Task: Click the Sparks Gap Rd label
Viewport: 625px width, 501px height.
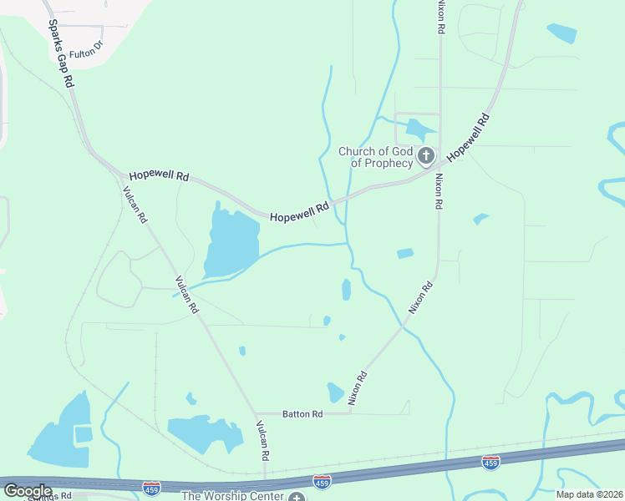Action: coord(60,55)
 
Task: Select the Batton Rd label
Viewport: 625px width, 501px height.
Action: coord(302,414)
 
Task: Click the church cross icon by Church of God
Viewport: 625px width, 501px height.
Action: coord(426,155)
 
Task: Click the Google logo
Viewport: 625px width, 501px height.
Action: coord(27,490)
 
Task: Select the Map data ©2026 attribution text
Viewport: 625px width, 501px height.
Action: coord(590,494)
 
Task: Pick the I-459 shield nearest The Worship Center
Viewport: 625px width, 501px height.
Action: coord(321,481)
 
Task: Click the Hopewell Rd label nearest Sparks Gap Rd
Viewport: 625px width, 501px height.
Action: coord(159,177)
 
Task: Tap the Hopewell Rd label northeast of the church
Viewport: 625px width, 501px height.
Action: coord(467,138)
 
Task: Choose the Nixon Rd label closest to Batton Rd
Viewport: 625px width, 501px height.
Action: coord(358,388)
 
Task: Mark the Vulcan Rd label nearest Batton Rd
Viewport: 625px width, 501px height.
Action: coord(262,441)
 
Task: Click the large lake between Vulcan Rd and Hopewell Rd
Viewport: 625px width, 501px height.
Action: coord(228,242)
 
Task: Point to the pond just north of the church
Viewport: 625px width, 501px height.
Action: coord(415,129)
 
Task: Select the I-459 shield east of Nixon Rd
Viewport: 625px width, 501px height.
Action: coord(491,463)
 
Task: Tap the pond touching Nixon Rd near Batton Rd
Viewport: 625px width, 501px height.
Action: coord(335,392)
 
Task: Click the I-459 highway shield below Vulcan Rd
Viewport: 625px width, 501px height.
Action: coord(151,488)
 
